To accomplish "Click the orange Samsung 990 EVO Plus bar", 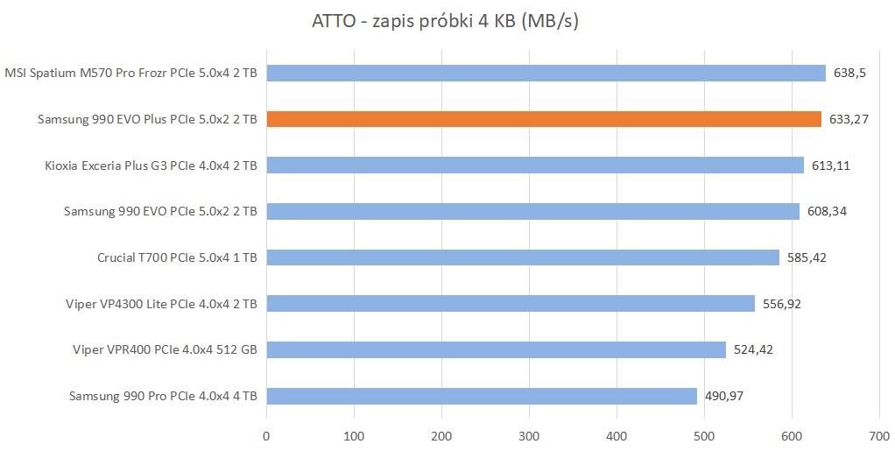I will (543, 119).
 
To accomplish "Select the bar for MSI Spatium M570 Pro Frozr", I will (546, 73).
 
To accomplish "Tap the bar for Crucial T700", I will (522, 257).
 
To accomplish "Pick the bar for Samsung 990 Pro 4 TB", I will (481, 396).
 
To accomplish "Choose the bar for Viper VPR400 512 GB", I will (496, 349).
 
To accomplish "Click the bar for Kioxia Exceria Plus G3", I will (534, 165).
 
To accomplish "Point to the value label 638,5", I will (849, 73).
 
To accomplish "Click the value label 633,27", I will (849, 119).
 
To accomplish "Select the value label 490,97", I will (724, 396).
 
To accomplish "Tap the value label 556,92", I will (782, 304).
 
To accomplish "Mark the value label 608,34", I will (827, 211).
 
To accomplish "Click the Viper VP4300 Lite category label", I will (162, 304).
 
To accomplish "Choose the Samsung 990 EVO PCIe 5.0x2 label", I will (160, 211).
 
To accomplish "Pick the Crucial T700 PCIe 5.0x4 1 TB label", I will (177, 257).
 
